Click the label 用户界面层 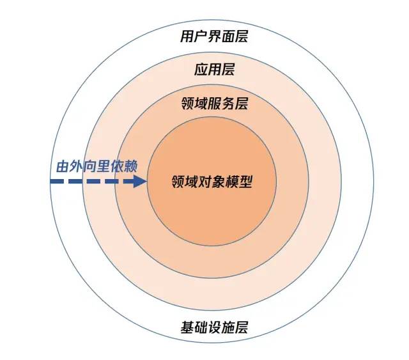pos(214,36)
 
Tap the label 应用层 pos(214,70)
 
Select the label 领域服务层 pos(215,104)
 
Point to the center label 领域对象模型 pos(212,182)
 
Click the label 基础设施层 pos(214,327)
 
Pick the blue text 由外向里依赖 pos(96,166)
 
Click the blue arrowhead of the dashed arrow pos(140,181)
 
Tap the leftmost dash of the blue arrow pos(57,181)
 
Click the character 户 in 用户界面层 pos(200,36)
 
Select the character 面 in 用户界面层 pos(228,36)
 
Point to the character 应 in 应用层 pos(201,70)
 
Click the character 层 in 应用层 pos(228,70)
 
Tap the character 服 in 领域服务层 pos(215,104)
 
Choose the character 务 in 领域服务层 pos(228,104)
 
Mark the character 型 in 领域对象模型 pos(246,182)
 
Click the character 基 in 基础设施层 pos(187,327)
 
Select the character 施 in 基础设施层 pos(228,327)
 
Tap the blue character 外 pos(77,166)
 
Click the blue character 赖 pos(130,166)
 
